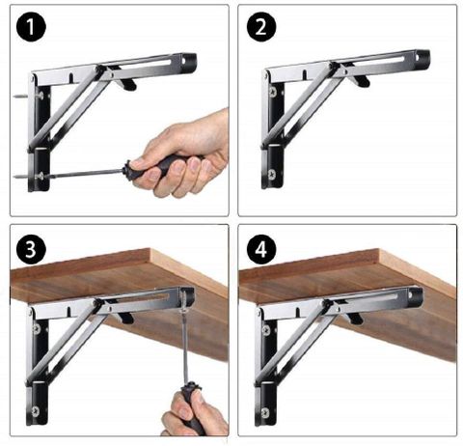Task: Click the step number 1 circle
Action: [x=31, y=26]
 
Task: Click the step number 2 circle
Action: [x=261, y=26]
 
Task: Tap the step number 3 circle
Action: [x=31, y=249]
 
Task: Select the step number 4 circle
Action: [x=261, y=249]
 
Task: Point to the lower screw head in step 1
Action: [x=41, y=176]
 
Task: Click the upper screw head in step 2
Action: [x=273, y=92]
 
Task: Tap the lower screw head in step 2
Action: [x=272, y=175]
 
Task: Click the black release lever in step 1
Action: [x=128, y=84]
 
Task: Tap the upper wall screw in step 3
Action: [x=37, y=328]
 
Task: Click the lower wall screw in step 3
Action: [x=36, y=411]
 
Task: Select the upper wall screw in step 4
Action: [x=266, y=330]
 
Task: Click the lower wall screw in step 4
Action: [x=265, y=412]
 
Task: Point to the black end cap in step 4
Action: [x=416, y=293]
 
